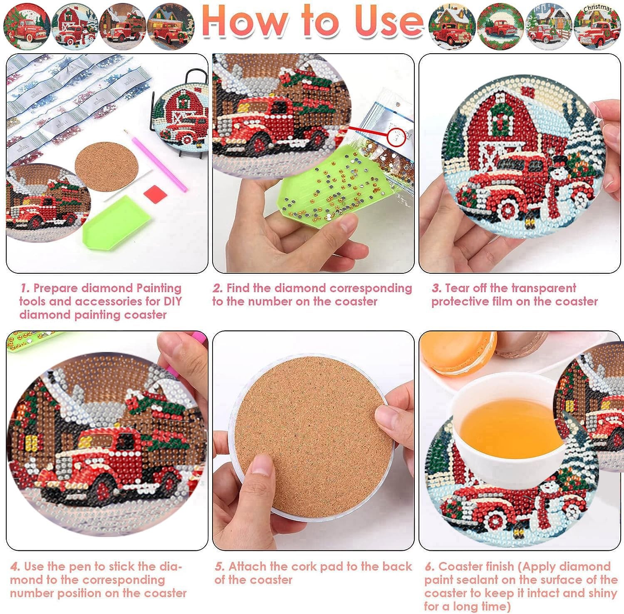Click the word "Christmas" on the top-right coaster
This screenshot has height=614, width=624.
point(597,8)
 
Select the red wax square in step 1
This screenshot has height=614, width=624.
point(155,194)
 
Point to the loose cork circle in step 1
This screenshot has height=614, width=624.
point(106,166)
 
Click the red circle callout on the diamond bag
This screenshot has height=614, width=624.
point(396,137)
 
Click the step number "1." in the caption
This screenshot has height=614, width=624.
point(25,288)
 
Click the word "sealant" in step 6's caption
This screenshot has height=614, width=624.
point(483,580)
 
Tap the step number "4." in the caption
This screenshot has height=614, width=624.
point(15,567)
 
